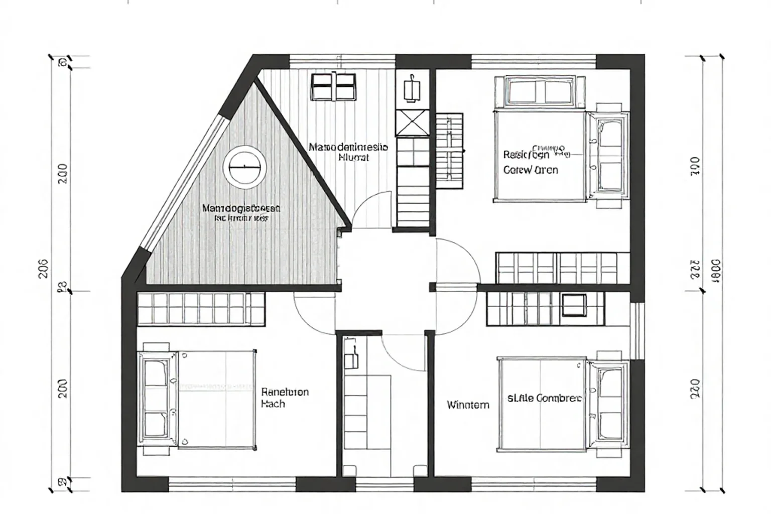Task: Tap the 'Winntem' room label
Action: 468,405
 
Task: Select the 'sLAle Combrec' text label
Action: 544,398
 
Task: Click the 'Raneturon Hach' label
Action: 285,398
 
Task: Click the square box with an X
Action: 413,122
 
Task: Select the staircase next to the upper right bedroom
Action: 449,151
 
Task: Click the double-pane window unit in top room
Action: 334,86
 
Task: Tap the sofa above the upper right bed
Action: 540,92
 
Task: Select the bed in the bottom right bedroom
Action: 542,403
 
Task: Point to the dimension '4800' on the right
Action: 715,272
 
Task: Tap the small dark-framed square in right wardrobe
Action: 574,305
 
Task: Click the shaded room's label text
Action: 241,213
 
